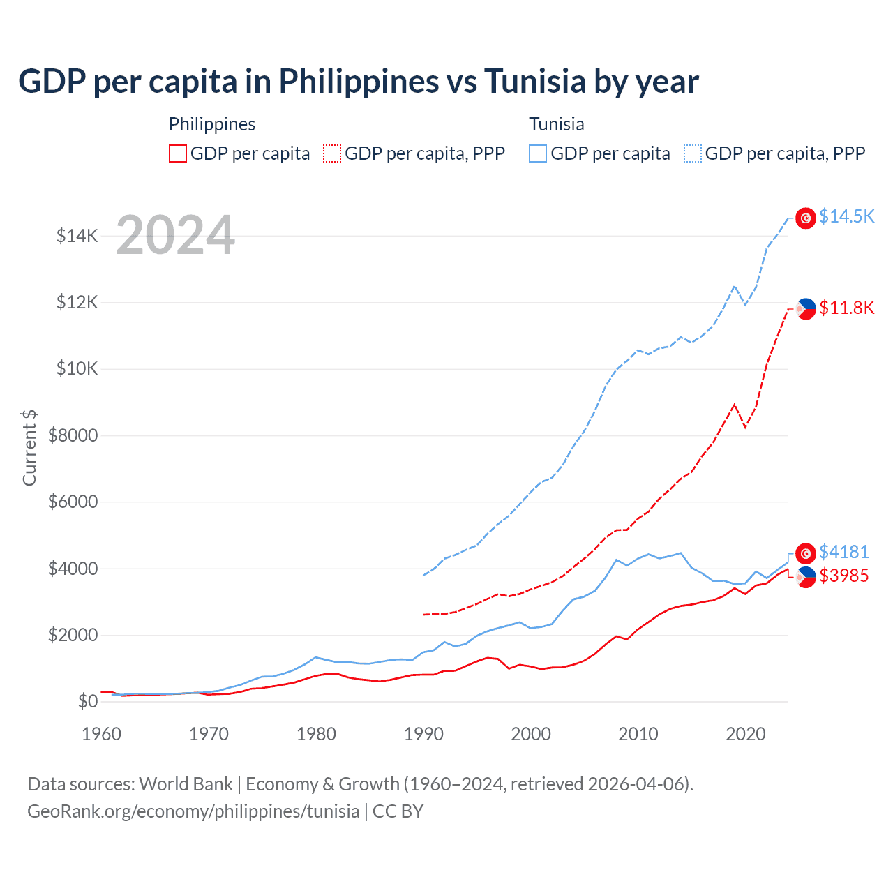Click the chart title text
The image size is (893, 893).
tap(359, 82)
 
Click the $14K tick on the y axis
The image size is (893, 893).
tap(77, 236)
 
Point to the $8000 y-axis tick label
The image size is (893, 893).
tap(73, 436)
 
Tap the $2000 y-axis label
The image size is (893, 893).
tap(73, 636)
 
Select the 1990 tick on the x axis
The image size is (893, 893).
tap(423, 734)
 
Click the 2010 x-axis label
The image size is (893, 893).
tap(638, 734)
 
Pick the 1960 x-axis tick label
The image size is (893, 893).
tap(102, 734)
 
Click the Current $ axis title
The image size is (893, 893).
tap(29, 448)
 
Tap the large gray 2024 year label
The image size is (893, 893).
tap(175, 236)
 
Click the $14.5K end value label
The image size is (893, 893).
tap(846, 217)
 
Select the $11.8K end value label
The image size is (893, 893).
tap(846, 308)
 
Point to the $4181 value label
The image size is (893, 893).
tap(843, 552)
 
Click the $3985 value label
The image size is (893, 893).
tap(843, 576)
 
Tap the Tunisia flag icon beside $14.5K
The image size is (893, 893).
tap(806, 218)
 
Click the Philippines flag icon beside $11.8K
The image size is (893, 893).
tap(806, 308)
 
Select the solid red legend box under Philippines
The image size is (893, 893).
tap(178, 153)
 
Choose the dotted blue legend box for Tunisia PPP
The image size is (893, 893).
tap(693, 153)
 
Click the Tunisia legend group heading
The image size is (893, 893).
tap(556, 124)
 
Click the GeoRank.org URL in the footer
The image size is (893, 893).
tap(193, 811)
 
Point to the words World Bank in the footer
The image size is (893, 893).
tap(186, 784)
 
